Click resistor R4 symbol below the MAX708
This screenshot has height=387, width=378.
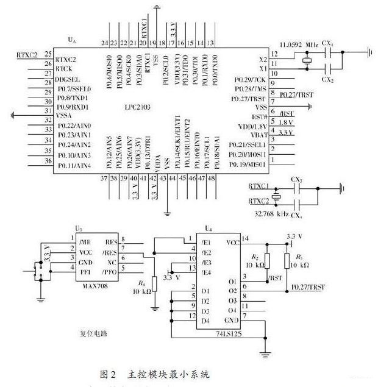(x=154, y=283)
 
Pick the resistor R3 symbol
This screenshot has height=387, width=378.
(x=287, y=263)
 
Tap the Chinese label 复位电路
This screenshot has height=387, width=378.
(x=96, y=333)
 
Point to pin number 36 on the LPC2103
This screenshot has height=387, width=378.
(x=46, y=161)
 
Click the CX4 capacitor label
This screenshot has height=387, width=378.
(x=296, y=216)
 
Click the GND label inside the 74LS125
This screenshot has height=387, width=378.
(x=232, y=321)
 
